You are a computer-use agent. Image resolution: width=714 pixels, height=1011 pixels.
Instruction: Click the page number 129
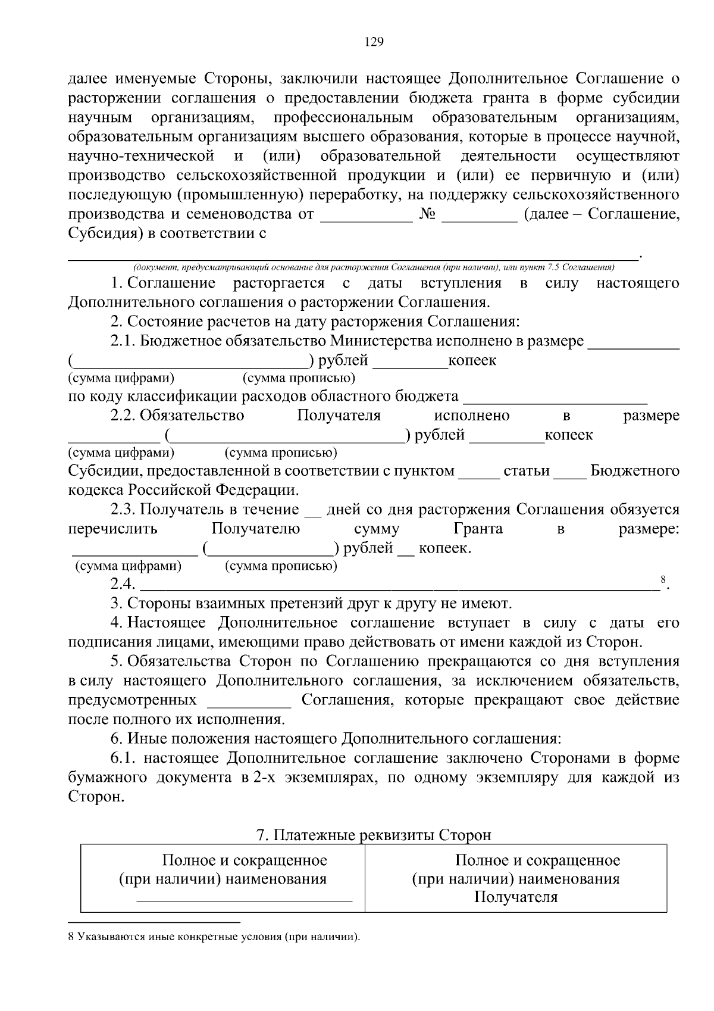click(374, 42)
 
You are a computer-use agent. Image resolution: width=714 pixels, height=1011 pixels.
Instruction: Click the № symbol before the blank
click(427, 214)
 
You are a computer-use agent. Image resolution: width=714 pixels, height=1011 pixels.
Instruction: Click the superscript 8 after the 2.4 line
click(663, 579)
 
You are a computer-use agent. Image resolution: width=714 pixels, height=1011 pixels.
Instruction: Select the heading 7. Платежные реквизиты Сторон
click(374, 835)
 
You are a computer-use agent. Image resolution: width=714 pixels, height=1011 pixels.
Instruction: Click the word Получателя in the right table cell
click(516, 897)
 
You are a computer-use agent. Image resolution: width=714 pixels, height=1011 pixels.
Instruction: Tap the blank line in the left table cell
click(244, 901)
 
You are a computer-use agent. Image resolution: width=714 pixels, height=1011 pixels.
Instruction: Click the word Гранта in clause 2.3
click(478, 529)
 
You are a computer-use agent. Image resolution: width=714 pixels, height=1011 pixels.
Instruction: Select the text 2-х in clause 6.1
click(264, 778)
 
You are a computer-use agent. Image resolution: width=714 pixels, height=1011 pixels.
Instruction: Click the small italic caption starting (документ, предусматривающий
click(374, 267)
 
